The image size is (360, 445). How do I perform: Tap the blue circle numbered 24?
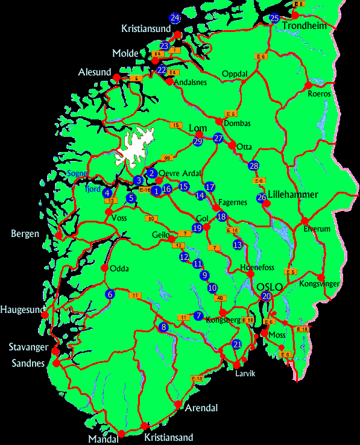point(175,17)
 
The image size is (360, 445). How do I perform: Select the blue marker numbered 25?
point(274,18)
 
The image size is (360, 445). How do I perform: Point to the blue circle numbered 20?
point(267,296)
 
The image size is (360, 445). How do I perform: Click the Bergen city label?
point(25,234)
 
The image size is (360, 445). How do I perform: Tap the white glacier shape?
point(133,148)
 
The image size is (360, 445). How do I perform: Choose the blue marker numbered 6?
point(110,294)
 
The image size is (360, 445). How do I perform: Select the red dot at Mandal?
point(121,434)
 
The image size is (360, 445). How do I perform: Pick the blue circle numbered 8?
point(163,327)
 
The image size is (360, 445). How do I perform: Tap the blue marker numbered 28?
point(254,166)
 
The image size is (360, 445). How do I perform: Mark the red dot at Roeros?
point(308,85)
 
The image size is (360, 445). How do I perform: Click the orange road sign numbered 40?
point(220,298)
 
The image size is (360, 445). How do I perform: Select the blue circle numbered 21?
point(237,344)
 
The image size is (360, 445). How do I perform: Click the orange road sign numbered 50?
point(151,218)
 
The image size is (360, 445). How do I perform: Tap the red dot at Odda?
point(105,268)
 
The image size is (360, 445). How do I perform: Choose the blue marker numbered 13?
point(238,244)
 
